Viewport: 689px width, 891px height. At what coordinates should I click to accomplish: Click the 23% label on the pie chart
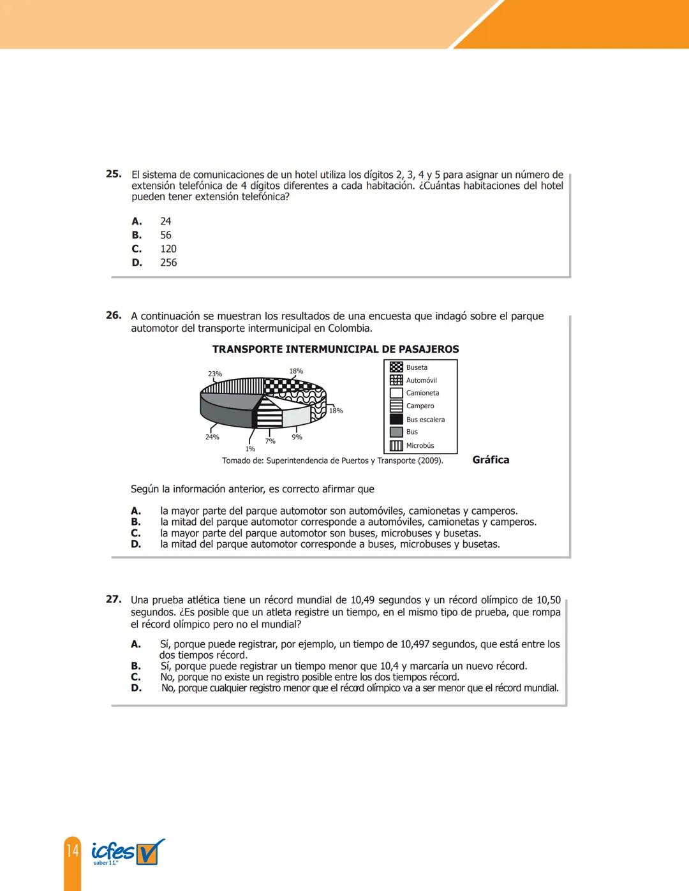215,374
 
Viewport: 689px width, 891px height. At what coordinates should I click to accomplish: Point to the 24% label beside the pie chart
212,437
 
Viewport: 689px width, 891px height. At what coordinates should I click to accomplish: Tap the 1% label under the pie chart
250,449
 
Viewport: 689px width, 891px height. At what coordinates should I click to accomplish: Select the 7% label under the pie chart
270,441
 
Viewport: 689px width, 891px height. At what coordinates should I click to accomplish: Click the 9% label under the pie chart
297,437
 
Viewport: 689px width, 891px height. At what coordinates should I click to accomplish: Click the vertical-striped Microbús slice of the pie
233,386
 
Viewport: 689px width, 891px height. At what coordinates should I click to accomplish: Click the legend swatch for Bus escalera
396,419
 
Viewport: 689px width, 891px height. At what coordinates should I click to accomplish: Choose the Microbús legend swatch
396,445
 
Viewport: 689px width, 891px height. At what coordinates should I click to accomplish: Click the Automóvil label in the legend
421,380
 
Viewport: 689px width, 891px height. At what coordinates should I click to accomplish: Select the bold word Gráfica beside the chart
491,460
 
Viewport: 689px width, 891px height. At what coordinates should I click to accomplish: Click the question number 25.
114,173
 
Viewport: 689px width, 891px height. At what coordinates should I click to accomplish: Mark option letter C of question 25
137,249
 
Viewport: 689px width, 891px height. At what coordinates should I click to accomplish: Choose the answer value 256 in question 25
168,263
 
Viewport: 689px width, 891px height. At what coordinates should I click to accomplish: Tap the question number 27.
114,599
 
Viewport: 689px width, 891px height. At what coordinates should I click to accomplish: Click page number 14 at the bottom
73,851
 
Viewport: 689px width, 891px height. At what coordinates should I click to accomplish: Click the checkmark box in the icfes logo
148,853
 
